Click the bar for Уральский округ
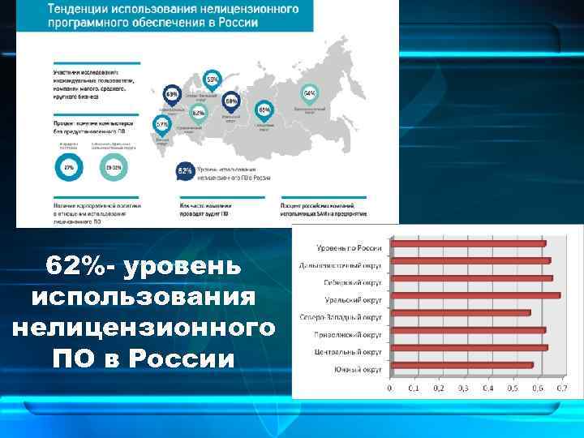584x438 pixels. click(x=474, y=295)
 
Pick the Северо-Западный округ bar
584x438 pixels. click(x=460, y=312)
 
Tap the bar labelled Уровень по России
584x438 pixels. click(x=468, y=243)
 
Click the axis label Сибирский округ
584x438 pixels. click(x=354, y=282)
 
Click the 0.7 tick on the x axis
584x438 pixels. click(x=560, y=388)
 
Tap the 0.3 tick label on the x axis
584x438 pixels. click(x=463, y=388)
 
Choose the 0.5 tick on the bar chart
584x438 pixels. click(x=512, y=388)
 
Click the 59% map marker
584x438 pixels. click(x=212, y=79)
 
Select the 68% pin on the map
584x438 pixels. click(x=231, y=101)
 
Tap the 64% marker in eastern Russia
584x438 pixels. click(x=309, y=93)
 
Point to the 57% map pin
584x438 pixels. click(x=162, y=124)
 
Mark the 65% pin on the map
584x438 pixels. click(x=264, y=109)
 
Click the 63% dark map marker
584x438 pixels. click(x=172, y=93)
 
